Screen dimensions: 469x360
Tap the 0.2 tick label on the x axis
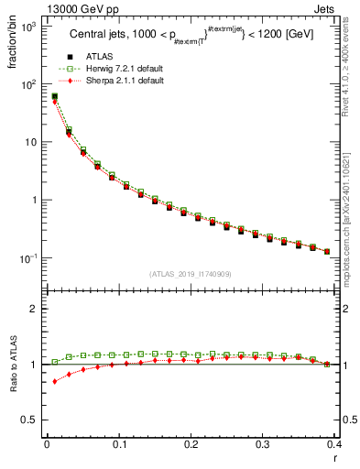click(x=191, y=444)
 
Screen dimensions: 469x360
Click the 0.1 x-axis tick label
click(x=118, y=444)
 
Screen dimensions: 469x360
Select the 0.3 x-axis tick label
click(x=262, y=444)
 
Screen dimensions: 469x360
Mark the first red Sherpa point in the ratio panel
click(x=54, y=381)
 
